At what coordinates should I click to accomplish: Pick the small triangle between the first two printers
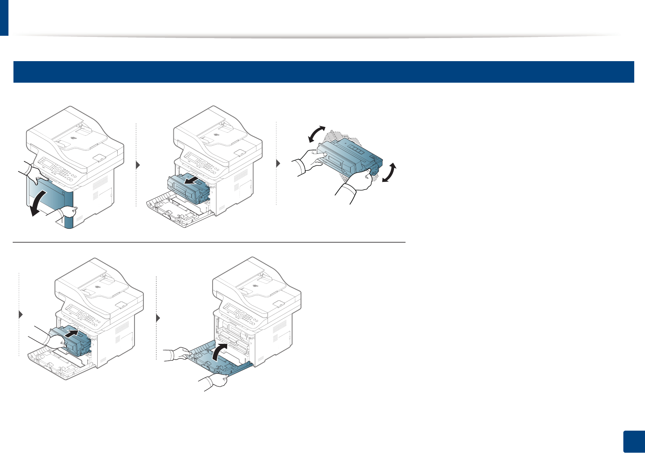click(138, 165)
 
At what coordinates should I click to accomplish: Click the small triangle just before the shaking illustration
click(278, 163)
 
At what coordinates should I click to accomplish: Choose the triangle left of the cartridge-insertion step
click(21, 315)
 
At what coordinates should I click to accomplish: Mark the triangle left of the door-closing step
click(158, 318)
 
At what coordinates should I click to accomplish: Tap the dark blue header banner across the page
click(323, 72)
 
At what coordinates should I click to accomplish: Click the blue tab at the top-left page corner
click(4, 17)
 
